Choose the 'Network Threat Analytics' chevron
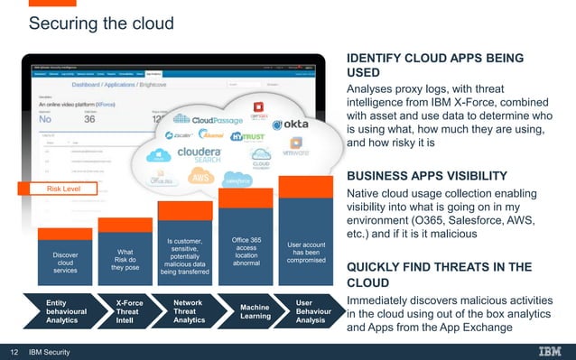[x=189, y=309]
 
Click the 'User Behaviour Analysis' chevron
[x=310, y=309]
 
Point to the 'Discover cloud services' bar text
[x=65, y=262]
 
